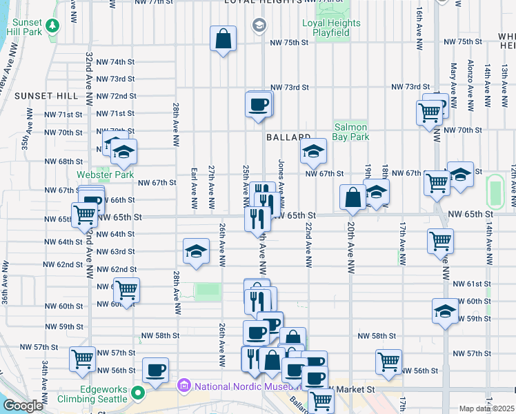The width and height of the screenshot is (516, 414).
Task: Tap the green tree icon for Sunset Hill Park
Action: click(52, 27)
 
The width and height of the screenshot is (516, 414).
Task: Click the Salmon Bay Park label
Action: click(350, 132)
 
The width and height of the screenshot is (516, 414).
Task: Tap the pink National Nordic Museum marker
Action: click(183, 385)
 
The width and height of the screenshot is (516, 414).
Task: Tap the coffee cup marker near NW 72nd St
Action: click(259, 104)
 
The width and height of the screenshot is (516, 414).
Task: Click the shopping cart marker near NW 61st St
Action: click(126, 290)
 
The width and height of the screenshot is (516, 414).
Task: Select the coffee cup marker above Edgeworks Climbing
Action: click(155, 370)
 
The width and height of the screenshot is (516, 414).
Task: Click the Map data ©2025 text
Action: click(487, 408)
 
